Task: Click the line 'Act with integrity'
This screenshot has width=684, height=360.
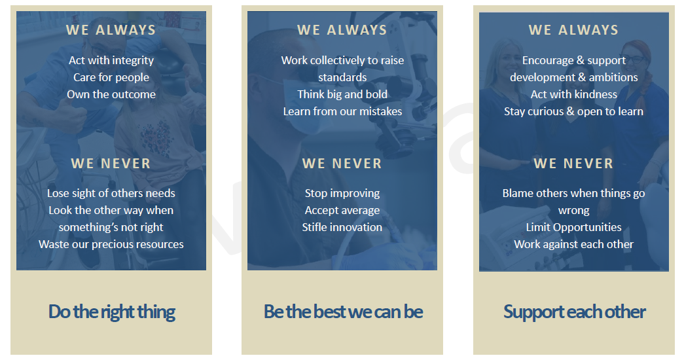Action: (x=111, y=60)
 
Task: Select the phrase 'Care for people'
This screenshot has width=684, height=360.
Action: (x=111, y=77)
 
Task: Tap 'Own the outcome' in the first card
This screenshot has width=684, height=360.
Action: (x=111, y=94)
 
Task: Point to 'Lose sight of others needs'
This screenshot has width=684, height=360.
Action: (x=111, y=193)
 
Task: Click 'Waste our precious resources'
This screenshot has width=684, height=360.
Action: (x=111, y=244)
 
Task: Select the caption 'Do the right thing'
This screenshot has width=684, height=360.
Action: (x=111, y=312)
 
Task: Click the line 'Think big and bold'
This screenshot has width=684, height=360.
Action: (x=342, y=94)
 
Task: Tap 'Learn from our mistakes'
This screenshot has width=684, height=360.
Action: (x=342, y=111)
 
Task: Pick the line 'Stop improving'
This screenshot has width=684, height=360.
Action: (x=342, y=193)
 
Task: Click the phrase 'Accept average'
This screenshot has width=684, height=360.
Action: (x=342, y=210)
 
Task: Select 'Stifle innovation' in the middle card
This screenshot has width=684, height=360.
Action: (x=342, y=227)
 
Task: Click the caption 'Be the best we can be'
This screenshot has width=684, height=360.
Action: (x=343, y=312)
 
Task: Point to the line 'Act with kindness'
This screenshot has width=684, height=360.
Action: (x=574, y=94)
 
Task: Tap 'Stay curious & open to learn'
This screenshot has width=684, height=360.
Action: (x=574, y=111)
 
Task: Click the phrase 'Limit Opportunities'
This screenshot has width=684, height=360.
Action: (x=574, y=227)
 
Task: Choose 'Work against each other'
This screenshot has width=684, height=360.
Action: (x=574, y=244)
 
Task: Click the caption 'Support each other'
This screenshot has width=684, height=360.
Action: (x=574, y=312)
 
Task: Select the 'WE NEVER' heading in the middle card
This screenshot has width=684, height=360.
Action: (x=342, y=164)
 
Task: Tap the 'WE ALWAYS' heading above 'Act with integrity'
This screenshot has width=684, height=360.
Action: (x=111, y=30)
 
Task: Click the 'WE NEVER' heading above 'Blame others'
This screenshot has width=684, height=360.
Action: (x=574, y=164)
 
